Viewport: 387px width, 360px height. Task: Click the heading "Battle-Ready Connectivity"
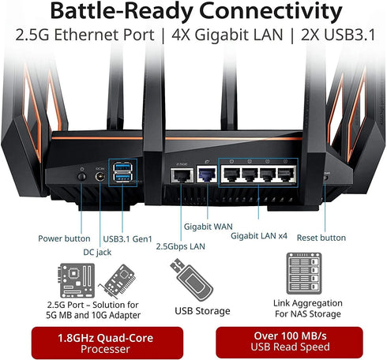(193, 13)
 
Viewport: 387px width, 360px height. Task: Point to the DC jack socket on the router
(100, 177)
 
